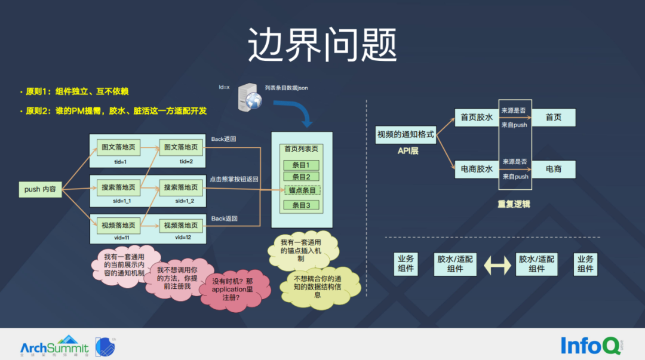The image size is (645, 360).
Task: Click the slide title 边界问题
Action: [322, 45]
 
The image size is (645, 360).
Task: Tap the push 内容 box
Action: [41, 189]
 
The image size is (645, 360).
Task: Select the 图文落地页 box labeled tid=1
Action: [118, 147]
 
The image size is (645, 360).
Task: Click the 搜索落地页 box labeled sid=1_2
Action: [181, 187]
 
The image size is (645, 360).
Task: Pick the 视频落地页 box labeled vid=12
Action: [181, 226]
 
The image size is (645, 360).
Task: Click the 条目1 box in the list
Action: [301, 165]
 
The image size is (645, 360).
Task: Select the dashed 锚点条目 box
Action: [302, 190]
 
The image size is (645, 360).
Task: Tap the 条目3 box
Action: [301, 205]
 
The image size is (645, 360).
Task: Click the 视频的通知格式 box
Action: [406, 135]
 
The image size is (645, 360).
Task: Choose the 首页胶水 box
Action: [477, 118]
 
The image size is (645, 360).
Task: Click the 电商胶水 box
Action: [477, 169]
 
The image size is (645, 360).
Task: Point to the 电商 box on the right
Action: [553, 169]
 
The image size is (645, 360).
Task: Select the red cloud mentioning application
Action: [233, 290]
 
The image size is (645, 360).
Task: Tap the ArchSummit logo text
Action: [54, 347]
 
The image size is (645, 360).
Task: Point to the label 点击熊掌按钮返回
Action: [234, 179]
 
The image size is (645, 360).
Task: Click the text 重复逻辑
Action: [514, 204]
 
